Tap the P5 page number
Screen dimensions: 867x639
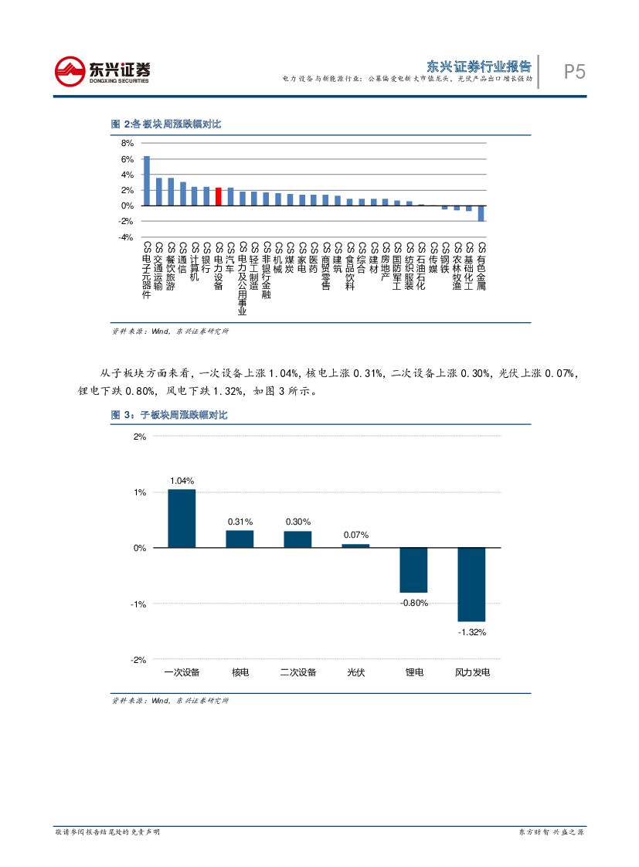(574, 72)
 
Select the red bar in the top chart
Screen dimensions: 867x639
(219, 196)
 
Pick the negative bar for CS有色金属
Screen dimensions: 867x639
(481, 213)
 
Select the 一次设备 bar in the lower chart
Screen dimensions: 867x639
(182, 518)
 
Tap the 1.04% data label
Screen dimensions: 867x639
(182, 481)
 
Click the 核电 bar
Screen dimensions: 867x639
(240, 539)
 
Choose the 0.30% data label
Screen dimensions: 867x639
(297, 522)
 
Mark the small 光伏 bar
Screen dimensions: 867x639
(355, 546)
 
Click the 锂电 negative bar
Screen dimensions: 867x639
(413, 570)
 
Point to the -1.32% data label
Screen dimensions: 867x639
(471, 632)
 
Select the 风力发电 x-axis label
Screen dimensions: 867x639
(471, 672)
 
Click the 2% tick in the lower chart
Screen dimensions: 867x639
(140, 437)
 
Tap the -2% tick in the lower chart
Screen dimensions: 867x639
(138, 660)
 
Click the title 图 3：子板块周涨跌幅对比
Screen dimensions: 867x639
(169, 416)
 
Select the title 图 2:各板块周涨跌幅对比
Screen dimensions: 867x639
(166, 124)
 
